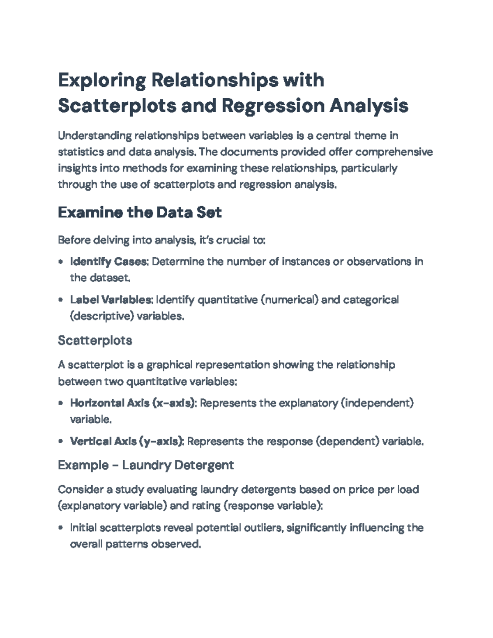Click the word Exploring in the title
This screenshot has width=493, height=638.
tap(102, 80)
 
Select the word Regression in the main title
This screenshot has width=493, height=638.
tap(273, 106)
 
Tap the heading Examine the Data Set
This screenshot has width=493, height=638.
tap(140, 212)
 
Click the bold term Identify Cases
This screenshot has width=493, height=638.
tap(108, 262)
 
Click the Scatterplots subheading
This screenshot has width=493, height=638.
tap(95, 340)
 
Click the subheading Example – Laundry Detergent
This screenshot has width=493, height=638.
tap(146, 465)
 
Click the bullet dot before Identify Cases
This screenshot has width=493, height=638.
tap(61, 262)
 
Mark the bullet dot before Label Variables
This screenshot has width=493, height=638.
tap(61, 300)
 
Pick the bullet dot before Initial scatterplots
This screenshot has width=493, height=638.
tap(61, 528)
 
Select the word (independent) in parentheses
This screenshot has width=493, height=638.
tap(377, 403)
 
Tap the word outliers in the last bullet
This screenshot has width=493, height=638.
tap(263, 528)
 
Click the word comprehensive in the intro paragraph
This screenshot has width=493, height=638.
tap(394, 152)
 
